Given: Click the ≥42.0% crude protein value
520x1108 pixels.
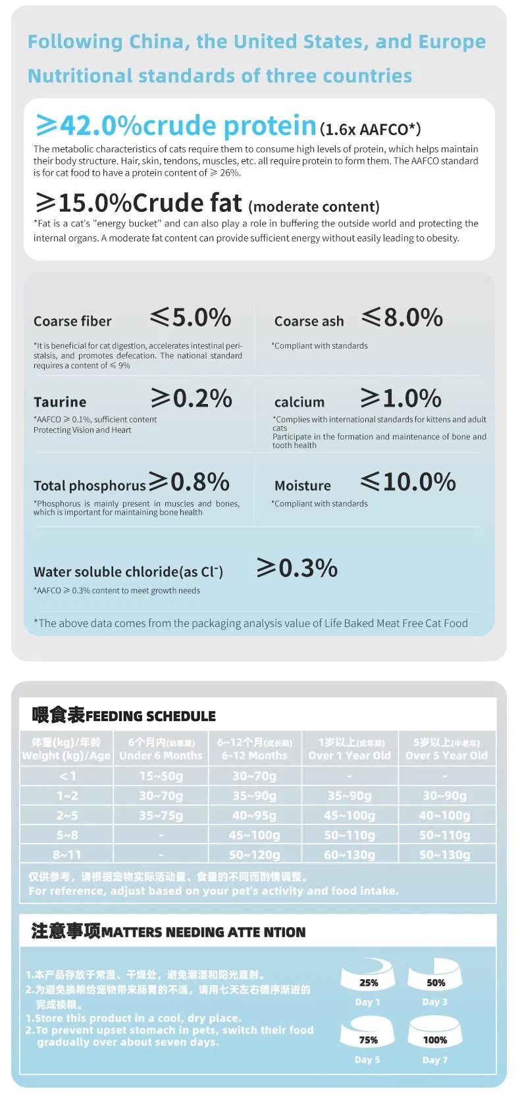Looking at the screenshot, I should [176, 125].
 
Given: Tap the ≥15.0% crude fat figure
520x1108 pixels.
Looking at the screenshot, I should [138, 203].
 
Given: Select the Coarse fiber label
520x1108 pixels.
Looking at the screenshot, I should [72, 321].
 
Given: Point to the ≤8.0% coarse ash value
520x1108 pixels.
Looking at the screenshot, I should [402, 318].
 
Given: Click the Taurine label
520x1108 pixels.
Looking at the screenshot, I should [60, 402].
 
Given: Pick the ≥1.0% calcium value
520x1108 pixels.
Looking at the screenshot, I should [401, 398].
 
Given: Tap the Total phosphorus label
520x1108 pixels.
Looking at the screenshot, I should [90, 486].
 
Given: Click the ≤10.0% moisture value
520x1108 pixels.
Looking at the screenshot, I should [408, 482].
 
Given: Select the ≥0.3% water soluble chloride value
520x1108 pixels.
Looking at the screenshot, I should [297, 568].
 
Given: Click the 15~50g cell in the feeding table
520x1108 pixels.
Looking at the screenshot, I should [161, 776].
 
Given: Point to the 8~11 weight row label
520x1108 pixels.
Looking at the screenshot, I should [66, 855].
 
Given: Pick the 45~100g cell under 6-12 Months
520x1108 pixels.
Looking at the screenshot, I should [254, 835].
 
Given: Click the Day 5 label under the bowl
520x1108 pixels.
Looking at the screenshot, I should [367, 1060].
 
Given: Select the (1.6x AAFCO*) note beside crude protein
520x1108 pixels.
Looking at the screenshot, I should [370, 129].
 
